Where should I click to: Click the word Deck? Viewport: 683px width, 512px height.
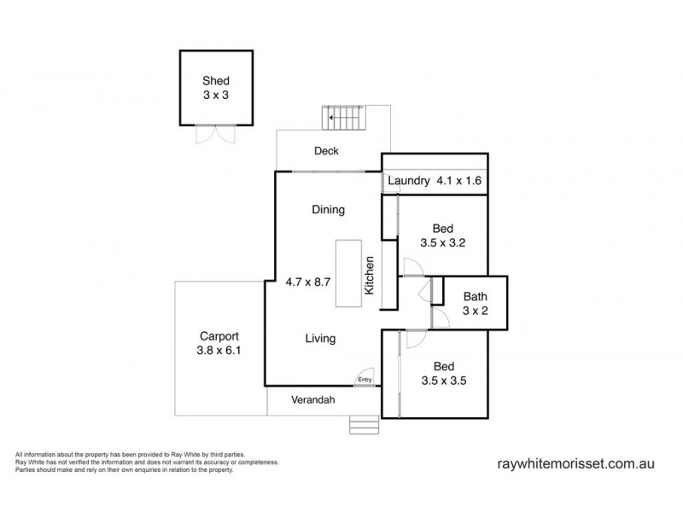point(326,151)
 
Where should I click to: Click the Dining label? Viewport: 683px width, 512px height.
point(327,209)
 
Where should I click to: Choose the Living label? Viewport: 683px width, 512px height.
point(320,339)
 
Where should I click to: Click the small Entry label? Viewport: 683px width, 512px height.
point(365,380)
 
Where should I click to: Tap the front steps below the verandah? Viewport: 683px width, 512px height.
point(363,424)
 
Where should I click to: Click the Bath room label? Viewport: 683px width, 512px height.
point(475,297)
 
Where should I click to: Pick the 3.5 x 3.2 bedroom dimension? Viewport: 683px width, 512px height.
point(441,243)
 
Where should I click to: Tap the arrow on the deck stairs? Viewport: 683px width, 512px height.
point(331,118)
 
